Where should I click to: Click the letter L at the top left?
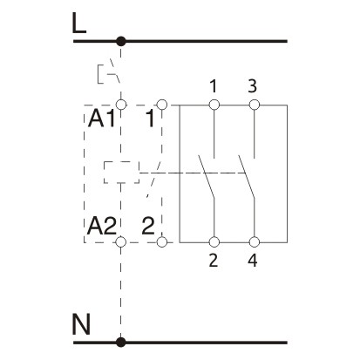(x=79, y=24)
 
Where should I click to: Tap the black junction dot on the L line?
(x=121, y=41)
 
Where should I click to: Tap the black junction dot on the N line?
(x=121, y=343)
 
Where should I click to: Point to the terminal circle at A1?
(x=121, y=105)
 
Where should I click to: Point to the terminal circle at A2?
(x=121, y=241)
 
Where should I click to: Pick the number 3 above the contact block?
(x=254, y=86)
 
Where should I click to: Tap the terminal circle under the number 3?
(x=254, y=105)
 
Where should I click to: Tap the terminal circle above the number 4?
(x=254, y=241)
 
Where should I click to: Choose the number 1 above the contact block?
(x=213, y=86)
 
